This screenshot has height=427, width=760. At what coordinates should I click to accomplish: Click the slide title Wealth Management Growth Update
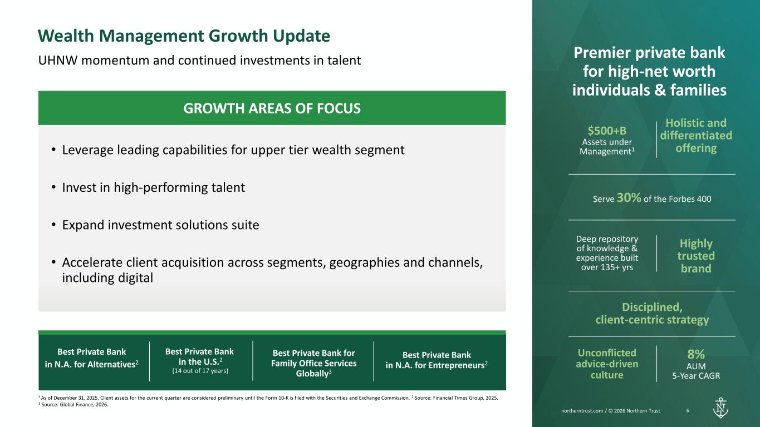coord(184,36)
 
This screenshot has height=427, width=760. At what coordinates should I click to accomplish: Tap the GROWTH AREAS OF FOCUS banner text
coord(272,108)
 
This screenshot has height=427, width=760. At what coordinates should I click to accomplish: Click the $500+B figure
coord(607,131)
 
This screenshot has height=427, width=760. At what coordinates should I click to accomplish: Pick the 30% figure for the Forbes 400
coord(629,197)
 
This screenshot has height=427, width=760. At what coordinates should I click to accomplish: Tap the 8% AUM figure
coord(696,354)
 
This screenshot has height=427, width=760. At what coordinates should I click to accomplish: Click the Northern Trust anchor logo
coord(720,408)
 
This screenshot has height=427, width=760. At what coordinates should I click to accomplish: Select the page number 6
coord(688,410)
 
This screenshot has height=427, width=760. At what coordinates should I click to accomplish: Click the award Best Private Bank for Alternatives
coord(92,358)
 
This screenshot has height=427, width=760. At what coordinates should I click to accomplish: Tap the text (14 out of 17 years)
coord(200,371)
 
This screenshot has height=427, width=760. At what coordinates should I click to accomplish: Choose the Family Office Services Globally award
coord(314,363)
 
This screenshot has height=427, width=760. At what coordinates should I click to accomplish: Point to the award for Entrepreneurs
coord(437,360)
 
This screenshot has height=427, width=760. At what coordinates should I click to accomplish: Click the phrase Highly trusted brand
coord(696,256)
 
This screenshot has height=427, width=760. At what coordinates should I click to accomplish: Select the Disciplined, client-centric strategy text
coord(652,314)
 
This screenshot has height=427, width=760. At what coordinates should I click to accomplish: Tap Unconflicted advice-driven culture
coord(607,364)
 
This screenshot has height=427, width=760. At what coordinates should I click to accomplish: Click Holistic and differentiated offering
coord(696,136)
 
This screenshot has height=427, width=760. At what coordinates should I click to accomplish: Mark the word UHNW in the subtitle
coord(58,60)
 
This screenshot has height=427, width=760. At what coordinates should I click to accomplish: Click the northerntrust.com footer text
coord(611,411)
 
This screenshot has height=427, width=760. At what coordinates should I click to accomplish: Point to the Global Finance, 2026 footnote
coord(73,405)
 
